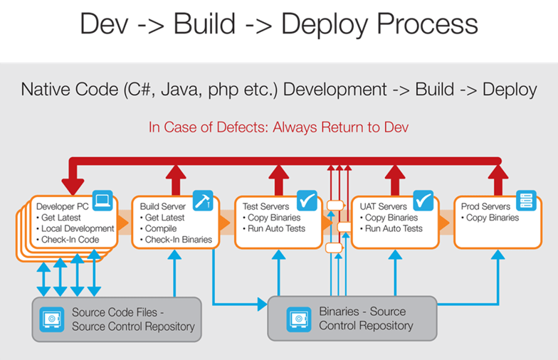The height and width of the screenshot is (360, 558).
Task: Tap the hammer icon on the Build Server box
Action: [x=202, y=201]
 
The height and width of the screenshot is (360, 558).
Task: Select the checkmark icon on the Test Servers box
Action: [x=307, y=201]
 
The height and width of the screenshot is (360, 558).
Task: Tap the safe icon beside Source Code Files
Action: [x=51, y=319]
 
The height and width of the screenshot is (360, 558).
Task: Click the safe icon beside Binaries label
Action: [x=299, y=319]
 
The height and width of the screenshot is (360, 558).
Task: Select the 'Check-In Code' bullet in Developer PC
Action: [x=71, y=240]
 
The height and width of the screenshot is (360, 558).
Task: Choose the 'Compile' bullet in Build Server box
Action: [x=161, y=228]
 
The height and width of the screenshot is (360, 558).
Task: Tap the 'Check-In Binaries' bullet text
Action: [x=178, y=240]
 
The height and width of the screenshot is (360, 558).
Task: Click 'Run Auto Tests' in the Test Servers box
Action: [x=276, y=228]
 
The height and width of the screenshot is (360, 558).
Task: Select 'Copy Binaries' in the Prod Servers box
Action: [x=492, y=218]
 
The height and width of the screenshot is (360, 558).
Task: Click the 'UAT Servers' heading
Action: [x=384, y=206]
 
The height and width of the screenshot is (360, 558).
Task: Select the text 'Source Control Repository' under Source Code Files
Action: [x=133, y=327]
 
